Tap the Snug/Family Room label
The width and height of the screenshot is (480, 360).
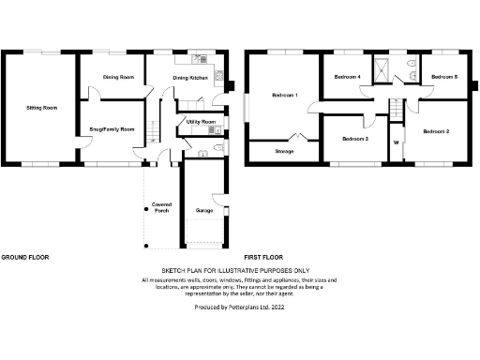[x=112, y=128]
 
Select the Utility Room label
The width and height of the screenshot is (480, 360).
[x=202, y=122]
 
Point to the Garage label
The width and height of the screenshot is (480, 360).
[x=204, y=211]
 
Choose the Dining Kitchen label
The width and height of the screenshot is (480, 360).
[x=191, y=77]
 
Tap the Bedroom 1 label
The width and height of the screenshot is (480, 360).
[x=284, y=95]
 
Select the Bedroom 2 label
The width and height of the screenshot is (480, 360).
[x=436, y=132]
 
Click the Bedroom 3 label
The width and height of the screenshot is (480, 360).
[x=354, y=139]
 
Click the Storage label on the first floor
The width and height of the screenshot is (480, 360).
[x=270, y=149]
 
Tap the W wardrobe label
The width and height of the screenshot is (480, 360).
[x=397, y=142]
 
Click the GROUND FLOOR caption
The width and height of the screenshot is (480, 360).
[x=24, y=256]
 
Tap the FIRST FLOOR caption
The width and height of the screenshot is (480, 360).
[x=264, y=256]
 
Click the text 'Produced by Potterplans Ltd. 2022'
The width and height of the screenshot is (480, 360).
[x=239, y=307]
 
